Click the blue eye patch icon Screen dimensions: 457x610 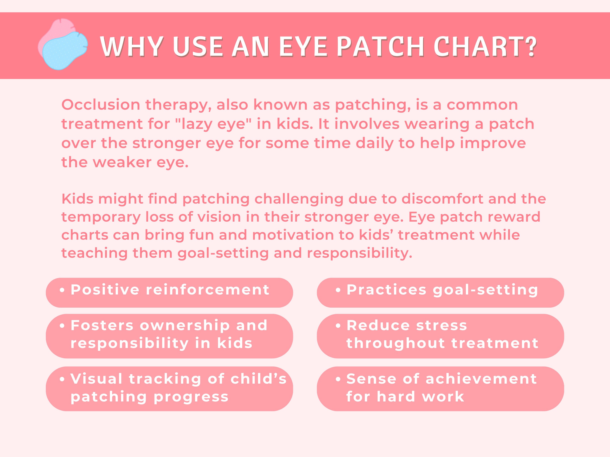(65, 51)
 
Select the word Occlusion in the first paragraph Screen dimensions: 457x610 (101, 105)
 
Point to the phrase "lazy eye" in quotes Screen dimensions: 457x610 (214, 124)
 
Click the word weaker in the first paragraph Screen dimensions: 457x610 (122, 162)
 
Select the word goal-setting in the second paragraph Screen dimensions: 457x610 (223, 253)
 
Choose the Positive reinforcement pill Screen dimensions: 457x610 (169, 292)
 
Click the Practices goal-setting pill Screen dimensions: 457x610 (440, 292)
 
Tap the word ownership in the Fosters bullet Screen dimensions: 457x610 (185, 326)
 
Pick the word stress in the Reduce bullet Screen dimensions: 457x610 (441, 326)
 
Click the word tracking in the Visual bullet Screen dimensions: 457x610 (165, 379)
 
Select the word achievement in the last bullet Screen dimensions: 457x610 (481, 379)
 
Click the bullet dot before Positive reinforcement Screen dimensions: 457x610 (62, 290)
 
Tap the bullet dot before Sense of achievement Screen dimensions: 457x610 (338, 379)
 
